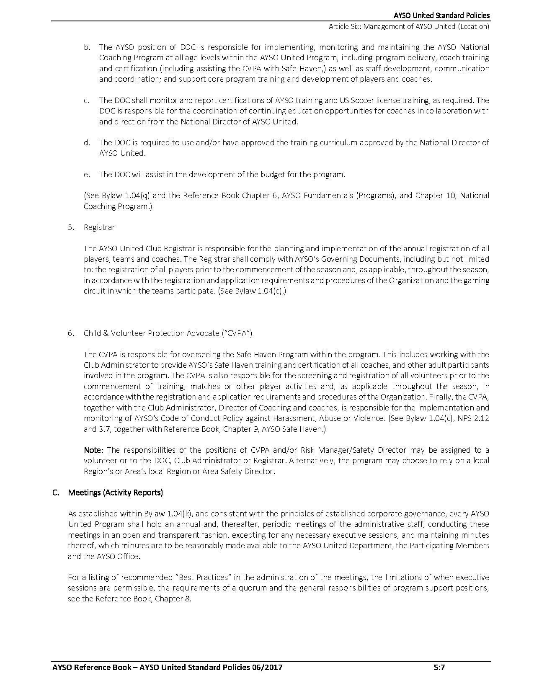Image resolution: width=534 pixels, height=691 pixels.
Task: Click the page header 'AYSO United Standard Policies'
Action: click(x=441, y=15)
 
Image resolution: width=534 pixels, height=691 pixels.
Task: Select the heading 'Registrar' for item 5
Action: click(x=99, y=227)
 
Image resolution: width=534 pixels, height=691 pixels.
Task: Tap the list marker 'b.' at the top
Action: click(x=87, y=47)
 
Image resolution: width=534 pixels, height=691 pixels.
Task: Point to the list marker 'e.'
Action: click(x=87, y=174)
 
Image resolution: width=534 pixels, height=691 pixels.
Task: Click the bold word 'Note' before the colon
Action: click(x=92, y=450)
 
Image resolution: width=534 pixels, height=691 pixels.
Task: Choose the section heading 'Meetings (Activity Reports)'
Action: click(x=115, y=492)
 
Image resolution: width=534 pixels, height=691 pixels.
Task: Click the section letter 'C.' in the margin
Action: click(x=56, y=492)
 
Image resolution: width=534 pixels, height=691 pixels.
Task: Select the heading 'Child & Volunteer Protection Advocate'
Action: click(x=168, y=333)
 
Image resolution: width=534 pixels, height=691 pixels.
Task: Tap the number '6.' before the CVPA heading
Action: click(x=71, y=333)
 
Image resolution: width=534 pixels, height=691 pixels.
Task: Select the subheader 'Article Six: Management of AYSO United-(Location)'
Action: click(x=409, y=26)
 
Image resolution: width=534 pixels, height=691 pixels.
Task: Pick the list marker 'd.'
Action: click(x=87, y=142)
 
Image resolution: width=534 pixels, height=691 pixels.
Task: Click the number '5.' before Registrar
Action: click(x=71, y=227)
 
